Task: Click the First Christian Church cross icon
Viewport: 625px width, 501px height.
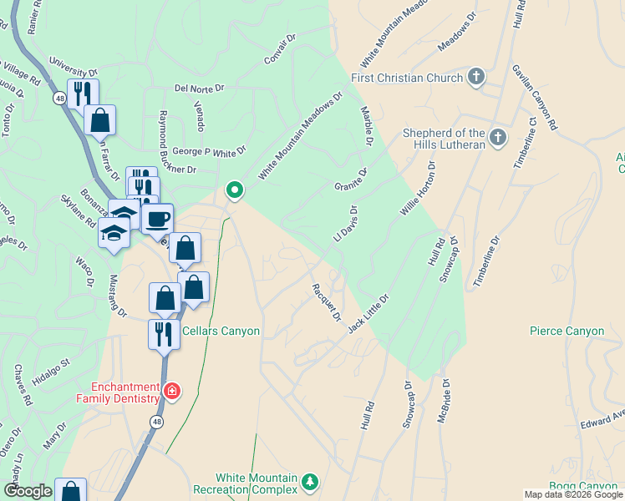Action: click(x=475, y=78)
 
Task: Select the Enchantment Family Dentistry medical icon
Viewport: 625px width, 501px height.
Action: click(x=172, y=392)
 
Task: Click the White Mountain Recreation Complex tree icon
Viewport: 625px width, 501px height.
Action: click(x=310, y=482)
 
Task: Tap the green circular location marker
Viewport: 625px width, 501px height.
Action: click(x=235, y=191)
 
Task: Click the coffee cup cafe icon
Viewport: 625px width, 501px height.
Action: click(x=156, y=220)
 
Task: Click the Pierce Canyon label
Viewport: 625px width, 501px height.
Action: click(x=567, y=331)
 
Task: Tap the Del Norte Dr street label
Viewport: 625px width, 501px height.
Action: click(x=200, y=88)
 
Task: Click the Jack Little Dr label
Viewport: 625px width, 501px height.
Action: click(x=368, y=312)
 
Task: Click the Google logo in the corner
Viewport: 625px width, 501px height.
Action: click(x=28, y=491)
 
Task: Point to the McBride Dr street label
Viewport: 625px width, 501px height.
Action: click(x=445, y=400)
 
